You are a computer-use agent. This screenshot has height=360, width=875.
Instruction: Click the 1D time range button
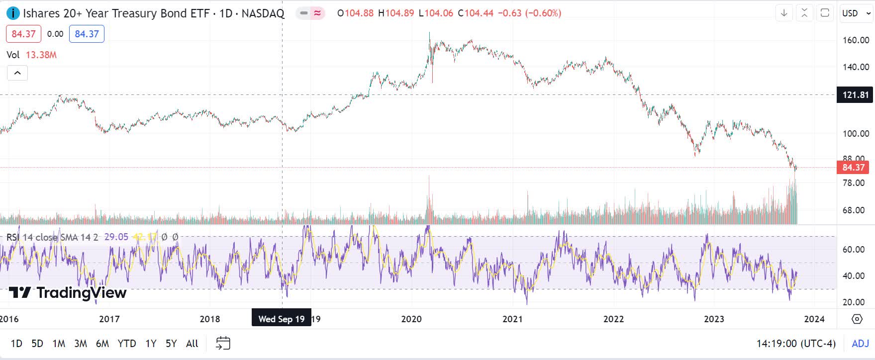pyautogui.click(x=16, y=344)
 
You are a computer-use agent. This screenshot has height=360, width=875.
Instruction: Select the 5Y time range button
pyautogui.click(x=171, y=344)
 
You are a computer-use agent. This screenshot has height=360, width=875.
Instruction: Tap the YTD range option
pyautogui.click(x=127, y=344)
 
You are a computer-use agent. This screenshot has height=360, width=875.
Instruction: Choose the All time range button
pyautogui.click(x=192, y=344)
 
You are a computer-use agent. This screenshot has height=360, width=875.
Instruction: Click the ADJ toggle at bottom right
pyautogui.click(x=860, y=344)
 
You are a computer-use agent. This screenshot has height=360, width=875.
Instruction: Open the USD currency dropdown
pyautogui.click(x=856, y=13)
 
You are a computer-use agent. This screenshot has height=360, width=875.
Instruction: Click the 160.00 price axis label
pyautogui.click(x=856, y=40)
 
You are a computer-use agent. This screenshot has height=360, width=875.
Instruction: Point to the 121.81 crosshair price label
pyautogui.click(x=856, y=94)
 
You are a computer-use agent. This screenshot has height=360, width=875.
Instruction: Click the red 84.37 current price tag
pyautogui.click(x=854, y=168)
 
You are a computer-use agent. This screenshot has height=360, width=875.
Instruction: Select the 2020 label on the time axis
pyautogui.click(x=411, y=319)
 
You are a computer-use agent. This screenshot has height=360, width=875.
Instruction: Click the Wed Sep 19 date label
pyautogui.click(x=282, y=319)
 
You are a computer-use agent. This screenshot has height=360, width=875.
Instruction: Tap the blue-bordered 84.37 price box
pyautogui.click(x=87, y=34)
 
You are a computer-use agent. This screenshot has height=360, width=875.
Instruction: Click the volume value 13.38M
pyautogui.click(x=41, y=55)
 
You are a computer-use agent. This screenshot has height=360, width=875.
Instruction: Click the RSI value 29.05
pyautogui.click(x=116, y=237)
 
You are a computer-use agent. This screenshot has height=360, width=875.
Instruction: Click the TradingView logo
pyautogui.click(x=68, y=292)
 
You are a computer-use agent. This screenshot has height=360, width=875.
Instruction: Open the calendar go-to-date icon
pyautogui.click(x=223, y=343)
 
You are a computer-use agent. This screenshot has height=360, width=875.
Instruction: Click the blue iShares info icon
pyautogui.click(x=13, y=13)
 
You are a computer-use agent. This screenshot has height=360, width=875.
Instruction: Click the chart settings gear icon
pyautogui.click(x=857, y=319)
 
